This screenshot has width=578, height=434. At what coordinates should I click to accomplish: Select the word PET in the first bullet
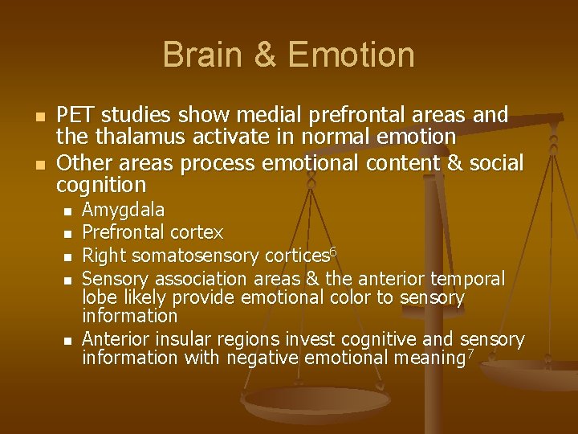click(75, 116)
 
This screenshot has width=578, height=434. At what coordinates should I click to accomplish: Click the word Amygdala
click(124, 211)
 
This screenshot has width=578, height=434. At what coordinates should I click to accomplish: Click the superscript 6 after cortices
click(333, 252)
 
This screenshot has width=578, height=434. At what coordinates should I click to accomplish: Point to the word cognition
click(101, 186)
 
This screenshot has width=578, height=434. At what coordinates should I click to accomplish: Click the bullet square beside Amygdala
click(68, 211)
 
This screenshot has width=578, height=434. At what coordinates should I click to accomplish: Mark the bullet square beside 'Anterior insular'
click(68, 340)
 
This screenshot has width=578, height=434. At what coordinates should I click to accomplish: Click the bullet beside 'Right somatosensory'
click(68, 257)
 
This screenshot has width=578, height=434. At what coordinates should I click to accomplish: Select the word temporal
click(470, 279)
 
